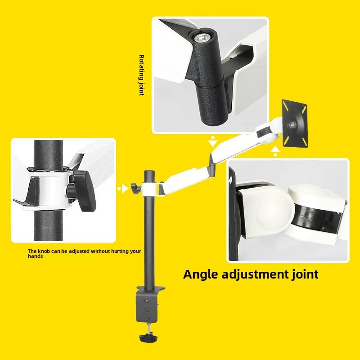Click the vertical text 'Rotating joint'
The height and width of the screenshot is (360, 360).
pyautogui.click(x=141, y=75)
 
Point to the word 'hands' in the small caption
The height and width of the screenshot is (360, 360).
pyautogui.click(x=36, y=256)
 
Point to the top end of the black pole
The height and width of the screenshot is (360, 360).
pyautogui.click(x=148, y=171)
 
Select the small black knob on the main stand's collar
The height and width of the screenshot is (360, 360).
pyautogui.click(x=134, y=186)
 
